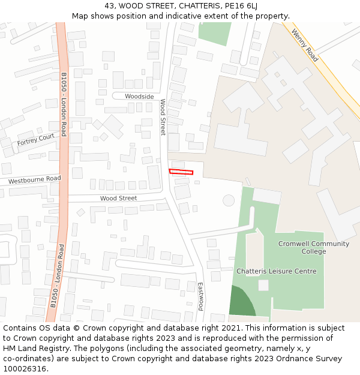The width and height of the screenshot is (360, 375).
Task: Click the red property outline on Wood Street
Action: (x=181, y=172)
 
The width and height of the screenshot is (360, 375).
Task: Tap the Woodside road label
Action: (x=139, y=97)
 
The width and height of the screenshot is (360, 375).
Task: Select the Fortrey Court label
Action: (x=36, y=139)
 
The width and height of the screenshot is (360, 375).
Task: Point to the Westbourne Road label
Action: (x=35, y=179)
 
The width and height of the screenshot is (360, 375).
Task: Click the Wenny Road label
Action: (x=305, y=46)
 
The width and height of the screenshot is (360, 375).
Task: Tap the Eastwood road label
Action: (x=200, y=296)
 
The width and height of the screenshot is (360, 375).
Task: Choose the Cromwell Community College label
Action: (x=313, y=247)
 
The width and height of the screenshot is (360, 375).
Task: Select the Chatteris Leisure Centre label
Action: (x=276, y=271)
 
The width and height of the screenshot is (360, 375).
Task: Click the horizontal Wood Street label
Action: (x=118, y=198)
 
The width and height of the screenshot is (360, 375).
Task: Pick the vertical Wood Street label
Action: (x=163, y=117)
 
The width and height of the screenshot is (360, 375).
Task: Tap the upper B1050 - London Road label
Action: (x=64, y=104)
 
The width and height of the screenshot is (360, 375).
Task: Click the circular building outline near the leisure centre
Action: (x=229, y=200)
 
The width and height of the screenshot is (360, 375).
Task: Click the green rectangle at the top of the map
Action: (x=214, y=33)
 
